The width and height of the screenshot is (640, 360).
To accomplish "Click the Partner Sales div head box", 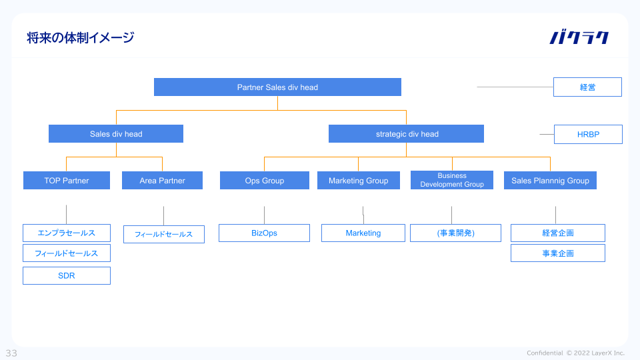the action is click(x=277, y=87).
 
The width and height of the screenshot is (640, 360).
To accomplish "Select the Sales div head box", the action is click(x=116, y=134).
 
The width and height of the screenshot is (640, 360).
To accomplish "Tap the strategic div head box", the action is click(x=406, y=134).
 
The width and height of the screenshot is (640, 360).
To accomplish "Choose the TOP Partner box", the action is click(x=67, y=181).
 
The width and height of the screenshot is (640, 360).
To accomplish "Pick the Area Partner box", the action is click(x=162, y=181).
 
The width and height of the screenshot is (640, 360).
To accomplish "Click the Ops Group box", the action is click(x=265, y=181).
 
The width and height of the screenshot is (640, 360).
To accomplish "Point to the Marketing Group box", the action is click(x=359, y=181).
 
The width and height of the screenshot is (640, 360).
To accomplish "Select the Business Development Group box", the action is click(x=452, y=180).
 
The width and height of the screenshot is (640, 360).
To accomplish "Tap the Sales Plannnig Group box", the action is click(x=550, y=181).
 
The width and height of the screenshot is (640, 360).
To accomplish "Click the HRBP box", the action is click(x=588, y=134).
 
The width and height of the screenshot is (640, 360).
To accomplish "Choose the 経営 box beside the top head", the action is click(x=587, y=87).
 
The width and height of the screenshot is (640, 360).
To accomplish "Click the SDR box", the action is click(x=67, y=275).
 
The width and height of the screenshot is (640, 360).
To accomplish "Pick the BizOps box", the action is click(x=264, y=233).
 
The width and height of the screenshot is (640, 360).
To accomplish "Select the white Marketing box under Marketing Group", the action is click(x=363, y=233).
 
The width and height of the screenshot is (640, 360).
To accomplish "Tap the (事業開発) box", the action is click(x=455, y=233).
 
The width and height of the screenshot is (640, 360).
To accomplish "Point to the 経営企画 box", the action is click(x=558, y=233).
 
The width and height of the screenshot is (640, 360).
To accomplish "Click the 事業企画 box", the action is click(x=558, y=253).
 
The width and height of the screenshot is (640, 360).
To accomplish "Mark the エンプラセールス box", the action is click(x=67, y=233).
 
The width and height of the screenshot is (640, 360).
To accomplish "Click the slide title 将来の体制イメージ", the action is click(x=81, y=37).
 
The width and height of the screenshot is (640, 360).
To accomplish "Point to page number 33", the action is click(x=11, y=353).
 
